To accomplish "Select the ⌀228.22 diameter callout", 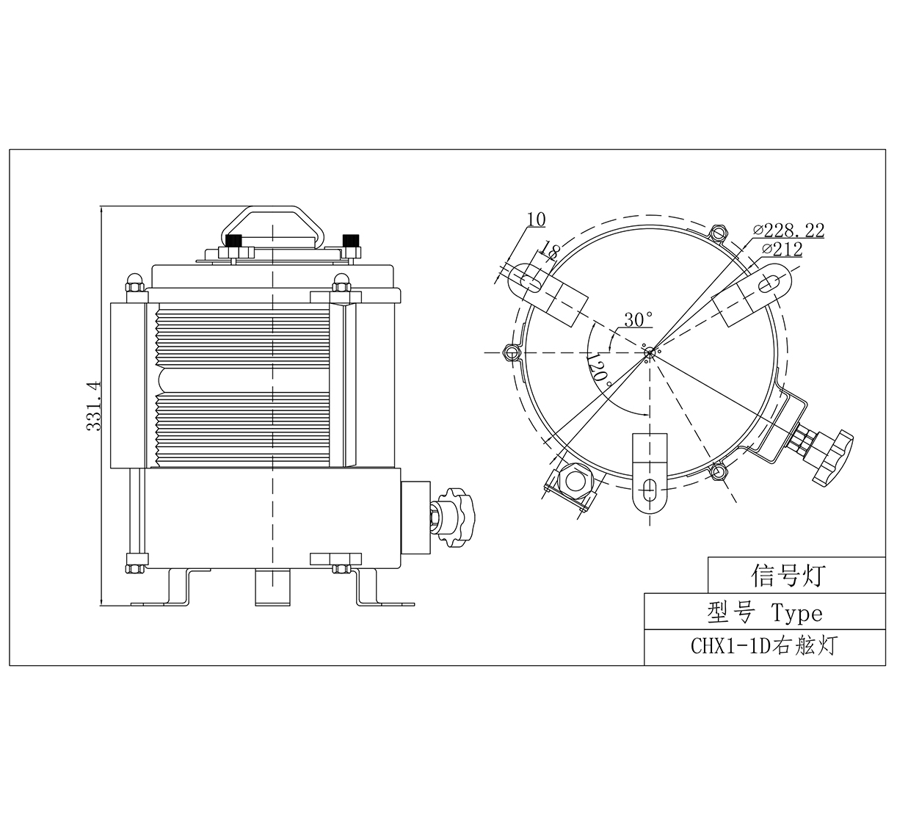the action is [788, 230].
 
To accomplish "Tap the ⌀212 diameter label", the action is [782, 249].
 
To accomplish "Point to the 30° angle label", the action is [639, 319].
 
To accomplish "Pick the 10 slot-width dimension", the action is [537, 220].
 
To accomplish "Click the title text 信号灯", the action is [788, 575].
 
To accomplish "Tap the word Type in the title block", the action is [797, 613].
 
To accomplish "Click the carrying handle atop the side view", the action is [274, 227].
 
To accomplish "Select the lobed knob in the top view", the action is [833, 457].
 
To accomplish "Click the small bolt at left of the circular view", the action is [511, 352].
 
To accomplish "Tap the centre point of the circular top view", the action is [650, 352].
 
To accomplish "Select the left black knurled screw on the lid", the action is [234, 241].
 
